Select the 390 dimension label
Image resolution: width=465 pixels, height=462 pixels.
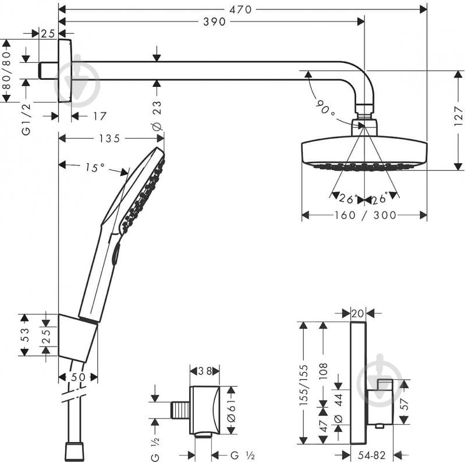216,22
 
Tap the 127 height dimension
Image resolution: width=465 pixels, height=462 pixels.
458,120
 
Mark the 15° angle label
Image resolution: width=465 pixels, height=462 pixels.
94,168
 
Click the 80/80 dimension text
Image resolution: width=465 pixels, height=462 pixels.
6,70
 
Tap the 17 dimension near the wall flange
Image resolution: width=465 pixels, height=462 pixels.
100,117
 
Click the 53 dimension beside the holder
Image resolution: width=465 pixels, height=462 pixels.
25,335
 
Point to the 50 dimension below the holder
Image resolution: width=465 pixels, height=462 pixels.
78,377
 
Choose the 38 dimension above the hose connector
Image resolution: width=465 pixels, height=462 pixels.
204,371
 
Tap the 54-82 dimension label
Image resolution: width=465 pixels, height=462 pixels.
372,454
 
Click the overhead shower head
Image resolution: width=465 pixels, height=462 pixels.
364,153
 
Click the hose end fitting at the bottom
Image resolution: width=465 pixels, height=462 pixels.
73,450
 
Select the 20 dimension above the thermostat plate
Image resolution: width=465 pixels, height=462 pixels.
357,313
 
